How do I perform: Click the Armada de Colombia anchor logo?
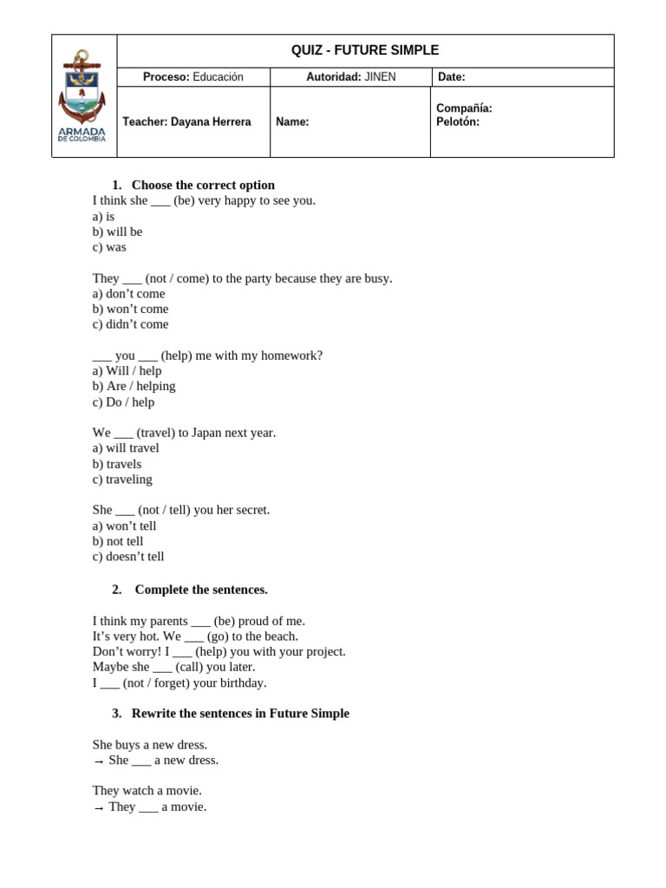(82, 95)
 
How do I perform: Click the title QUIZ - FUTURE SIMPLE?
(365, 51)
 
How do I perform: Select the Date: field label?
(451, 77)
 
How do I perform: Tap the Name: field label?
(292, 122)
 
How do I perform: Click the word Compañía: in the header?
(464, 108)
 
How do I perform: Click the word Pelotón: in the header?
(458, 122)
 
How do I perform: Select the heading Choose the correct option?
(203, 185)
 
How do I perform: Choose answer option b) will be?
(117, 232)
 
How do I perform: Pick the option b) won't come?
(130, 309)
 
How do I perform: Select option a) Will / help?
(127, 370)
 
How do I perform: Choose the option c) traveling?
(122, 479)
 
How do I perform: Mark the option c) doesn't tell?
(128, 556)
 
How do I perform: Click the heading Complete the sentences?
(201, 590)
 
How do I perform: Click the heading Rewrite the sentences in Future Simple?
(240, 713)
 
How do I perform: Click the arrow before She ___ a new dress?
(99, 761)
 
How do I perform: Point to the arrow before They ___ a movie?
(99, 808)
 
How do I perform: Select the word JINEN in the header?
(380, 77)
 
